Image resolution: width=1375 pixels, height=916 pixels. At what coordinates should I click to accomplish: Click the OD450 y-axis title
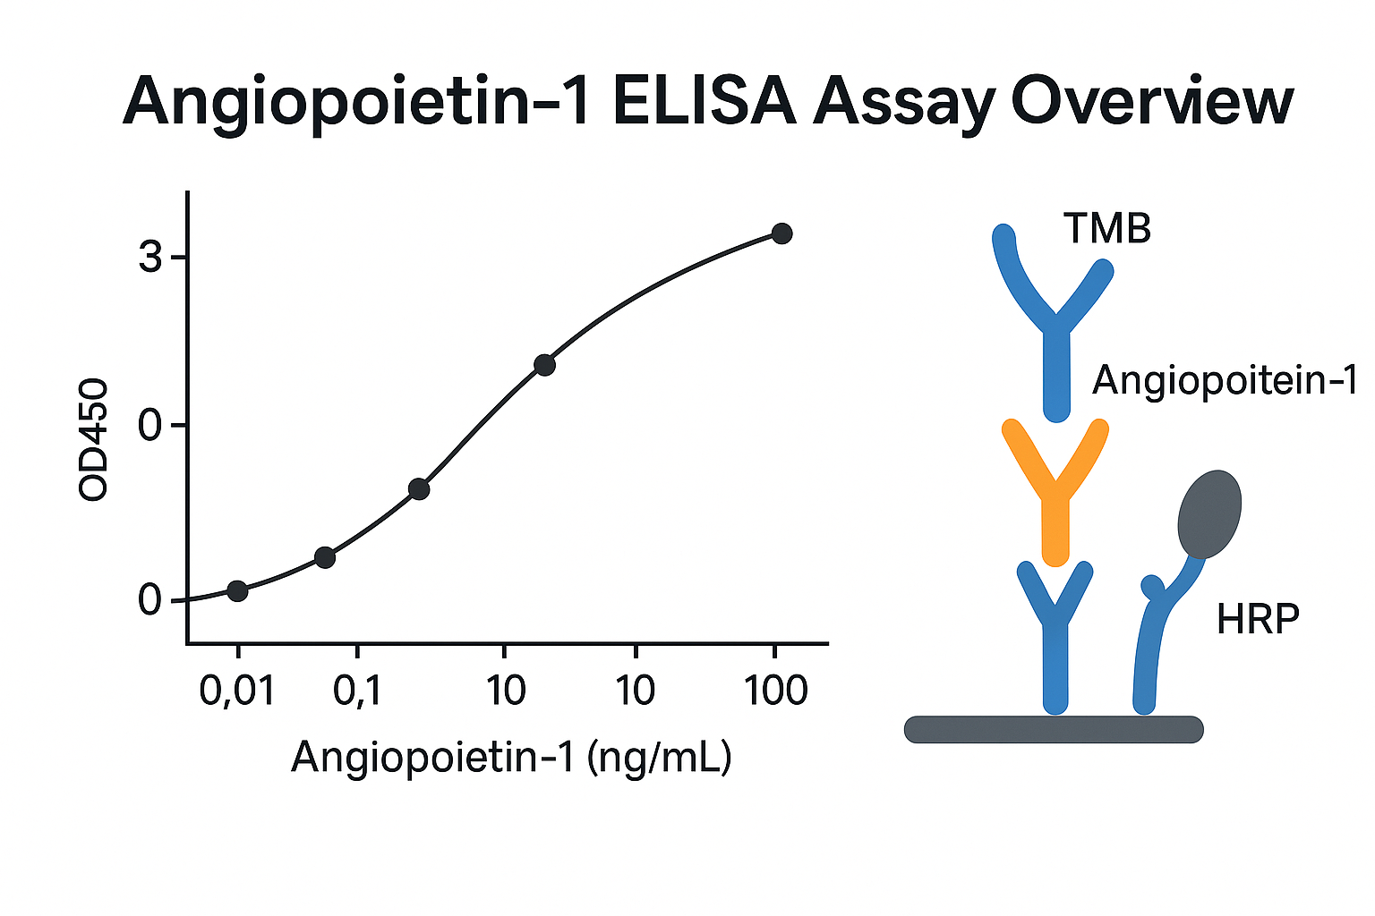click(x=93, y=439)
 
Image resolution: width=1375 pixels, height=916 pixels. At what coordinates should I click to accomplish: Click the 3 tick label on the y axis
click(x=150, y=257)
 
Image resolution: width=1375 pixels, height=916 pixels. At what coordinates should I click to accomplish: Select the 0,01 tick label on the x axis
click(x=237, y=691)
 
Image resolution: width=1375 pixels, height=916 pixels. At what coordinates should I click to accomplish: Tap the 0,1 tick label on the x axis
click(x=356, y=691)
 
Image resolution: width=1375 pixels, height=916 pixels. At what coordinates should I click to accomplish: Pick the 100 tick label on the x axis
click(x=776, y=691)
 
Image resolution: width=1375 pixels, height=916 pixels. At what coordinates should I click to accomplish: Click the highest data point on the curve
click(x=781, y=233)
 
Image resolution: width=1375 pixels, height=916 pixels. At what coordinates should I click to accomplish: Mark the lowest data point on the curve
click(x=237, y=590)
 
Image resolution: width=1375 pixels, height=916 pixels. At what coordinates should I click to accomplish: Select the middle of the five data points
click(x=419, y=489)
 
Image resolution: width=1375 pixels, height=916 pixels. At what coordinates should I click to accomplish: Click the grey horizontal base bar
click(x=1054, y=729)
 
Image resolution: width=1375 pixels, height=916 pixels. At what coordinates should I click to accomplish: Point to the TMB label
click(x=1107, y=228)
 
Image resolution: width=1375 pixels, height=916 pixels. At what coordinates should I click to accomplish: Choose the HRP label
click(x=1258, y=619)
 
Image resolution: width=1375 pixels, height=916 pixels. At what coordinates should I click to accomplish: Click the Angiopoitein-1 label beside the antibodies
click(x=1225, y=381)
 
